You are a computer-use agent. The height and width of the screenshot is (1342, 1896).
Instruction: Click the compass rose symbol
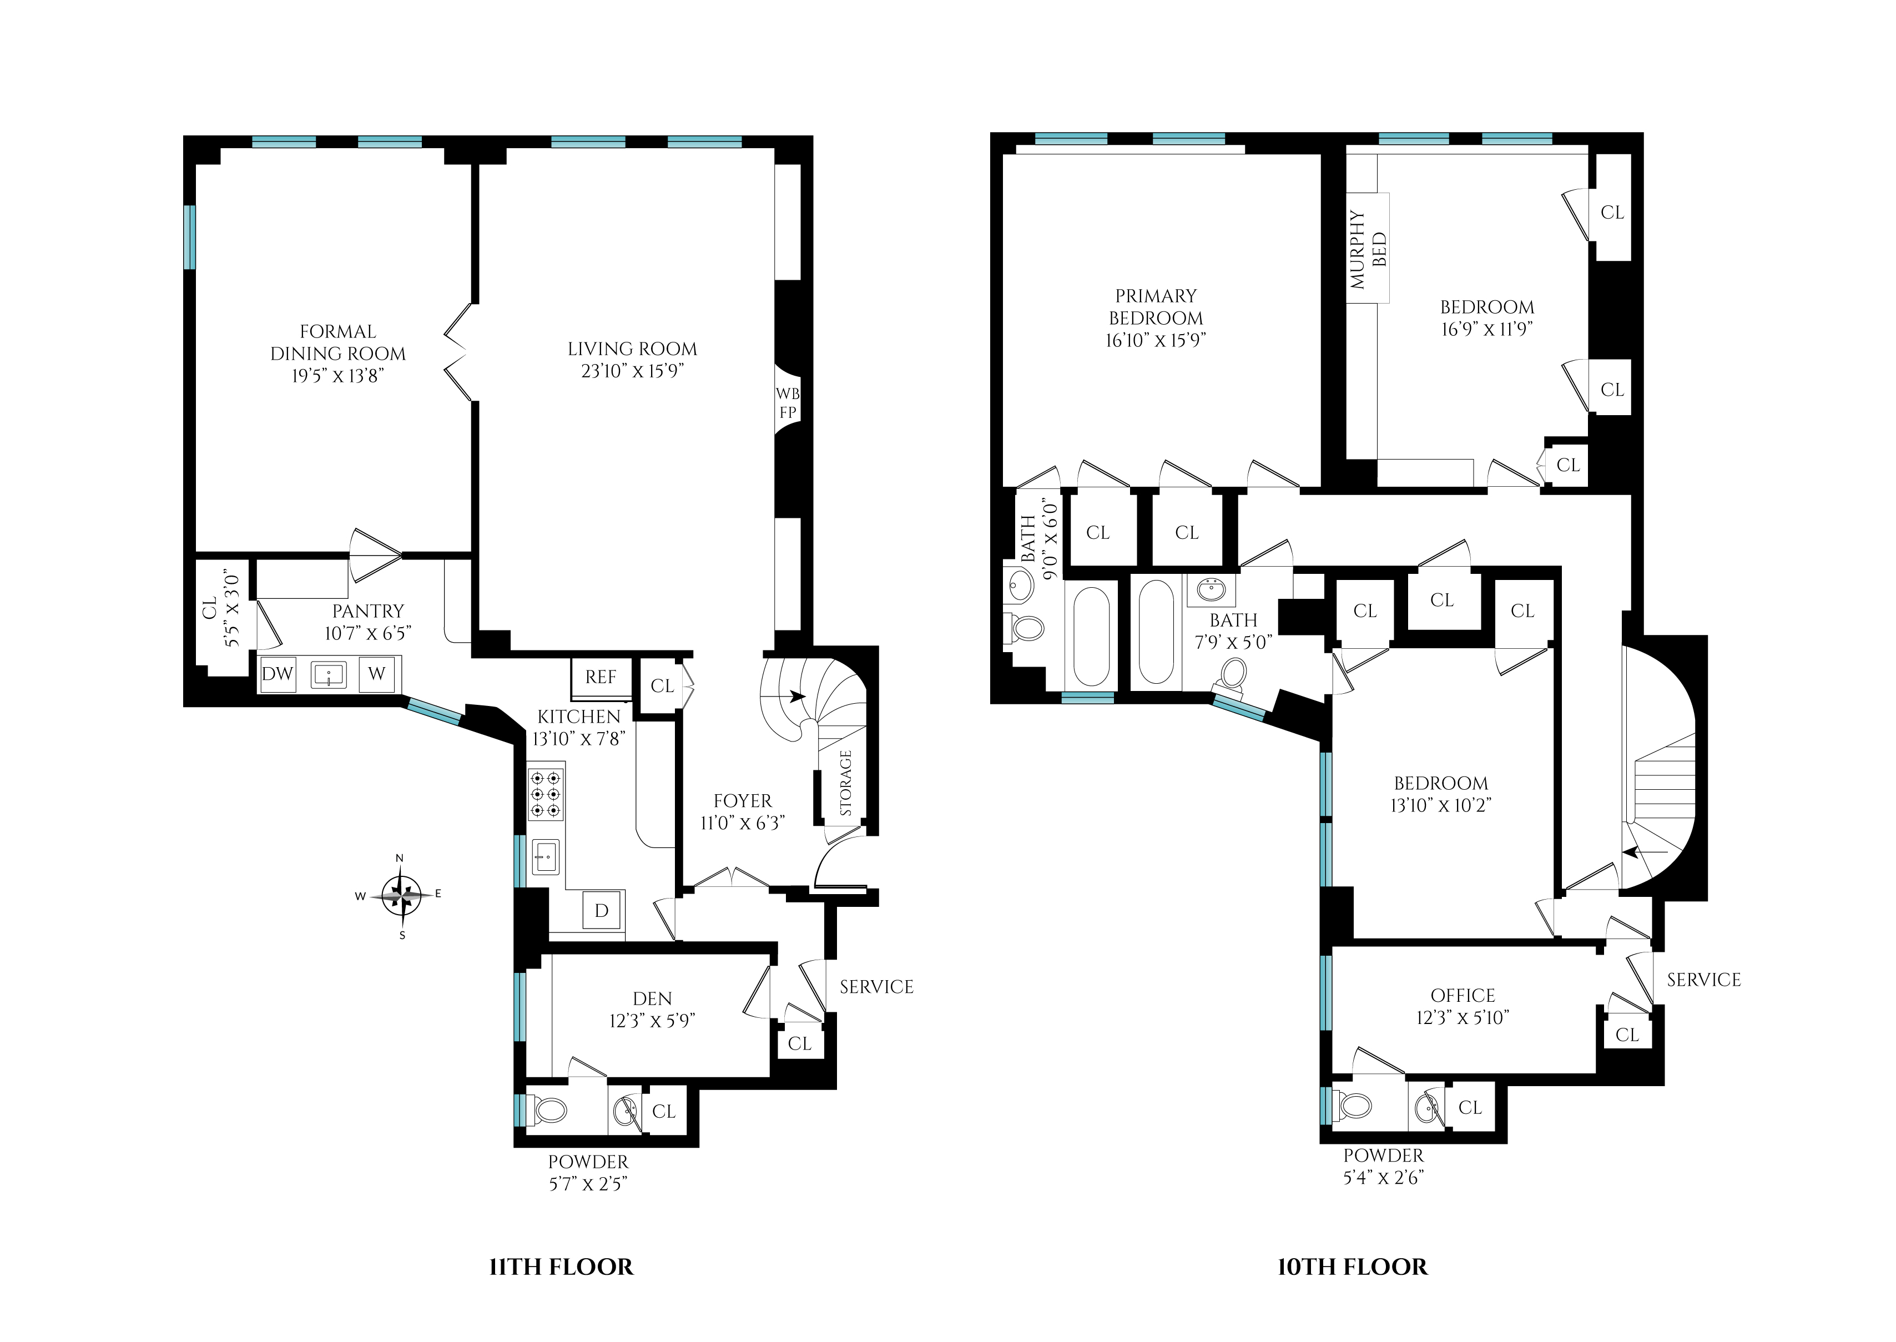click(402, 895)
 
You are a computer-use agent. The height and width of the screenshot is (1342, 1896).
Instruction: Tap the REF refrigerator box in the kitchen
click(601, 678)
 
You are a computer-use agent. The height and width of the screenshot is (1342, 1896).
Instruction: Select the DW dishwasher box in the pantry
click(278, 673)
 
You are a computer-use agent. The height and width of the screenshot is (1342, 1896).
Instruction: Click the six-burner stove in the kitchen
click(546, 794)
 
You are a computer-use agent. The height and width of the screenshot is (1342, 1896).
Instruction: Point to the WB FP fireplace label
click(787, 402)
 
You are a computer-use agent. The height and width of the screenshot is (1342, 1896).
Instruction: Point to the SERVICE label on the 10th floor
click(1703, 980)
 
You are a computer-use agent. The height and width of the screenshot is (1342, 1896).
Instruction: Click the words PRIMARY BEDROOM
click(1156, 306)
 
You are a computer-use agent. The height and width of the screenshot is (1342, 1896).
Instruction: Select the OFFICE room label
click(1463, 996)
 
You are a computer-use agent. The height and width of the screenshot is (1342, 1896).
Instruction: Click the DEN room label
click(652, 998)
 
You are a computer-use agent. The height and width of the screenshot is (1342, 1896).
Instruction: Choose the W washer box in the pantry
click(377, 673)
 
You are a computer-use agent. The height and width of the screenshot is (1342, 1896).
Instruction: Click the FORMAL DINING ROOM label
click(338, 342)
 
